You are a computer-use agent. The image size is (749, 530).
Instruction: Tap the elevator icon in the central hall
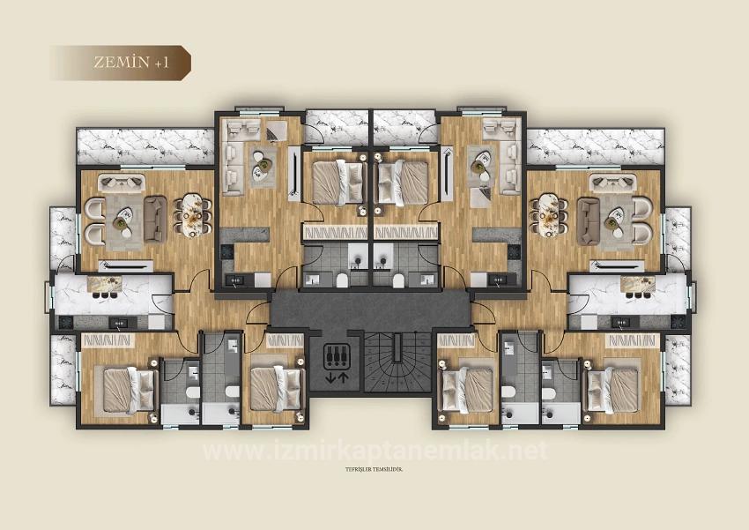(337, 355)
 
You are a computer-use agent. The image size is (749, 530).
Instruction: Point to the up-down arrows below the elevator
(337, 377)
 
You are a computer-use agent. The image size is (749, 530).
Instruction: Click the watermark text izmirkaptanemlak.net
(374, 451)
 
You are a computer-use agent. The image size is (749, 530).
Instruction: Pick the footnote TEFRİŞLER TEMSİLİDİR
(374, 481)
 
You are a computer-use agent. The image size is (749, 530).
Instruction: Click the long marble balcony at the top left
(145, 146)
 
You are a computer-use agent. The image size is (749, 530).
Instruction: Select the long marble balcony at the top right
(596, 146)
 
